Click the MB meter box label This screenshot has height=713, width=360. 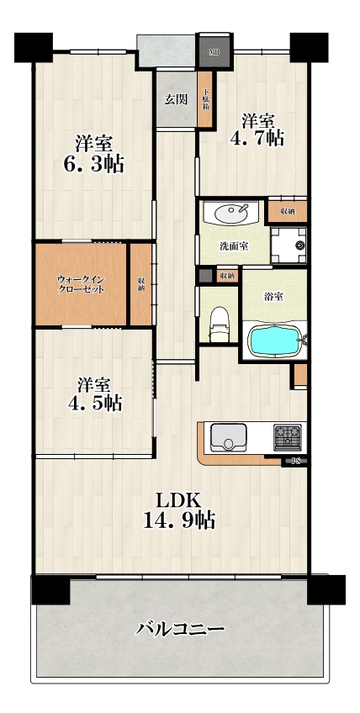[x=214, y=51]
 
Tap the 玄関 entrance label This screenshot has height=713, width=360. [x=176, y=99]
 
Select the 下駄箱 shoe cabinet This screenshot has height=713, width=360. [x=205, y=100]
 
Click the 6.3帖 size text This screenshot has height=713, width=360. [x=93, y=164]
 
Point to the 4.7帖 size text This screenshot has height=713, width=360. [x=257, y=137]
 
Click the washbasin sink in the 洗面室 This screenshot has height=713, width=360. [x=230, y=213]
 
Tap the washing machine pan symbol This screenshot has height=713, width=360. [x=289, y=246]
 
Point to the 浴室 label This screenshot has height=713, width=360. [x=274, y=297]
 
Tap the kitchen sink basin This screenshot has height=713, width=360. [x=228, y=437]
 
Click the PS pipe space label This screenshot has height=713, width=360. [x=296, y=461]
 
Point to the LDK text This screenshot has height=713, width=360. [x=179, y=500]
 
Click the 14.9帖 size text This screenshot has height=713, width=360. [x=179, y=520]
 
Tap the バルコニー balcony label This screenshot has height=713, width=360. [x=181, y=629]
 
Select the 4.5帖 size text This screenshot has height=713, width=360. [x=95, y=403]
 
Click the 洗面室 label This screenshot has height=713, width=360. [x=234, y=246]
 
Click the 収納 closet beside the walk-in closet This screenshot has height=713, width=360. [x=141, y=284]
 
